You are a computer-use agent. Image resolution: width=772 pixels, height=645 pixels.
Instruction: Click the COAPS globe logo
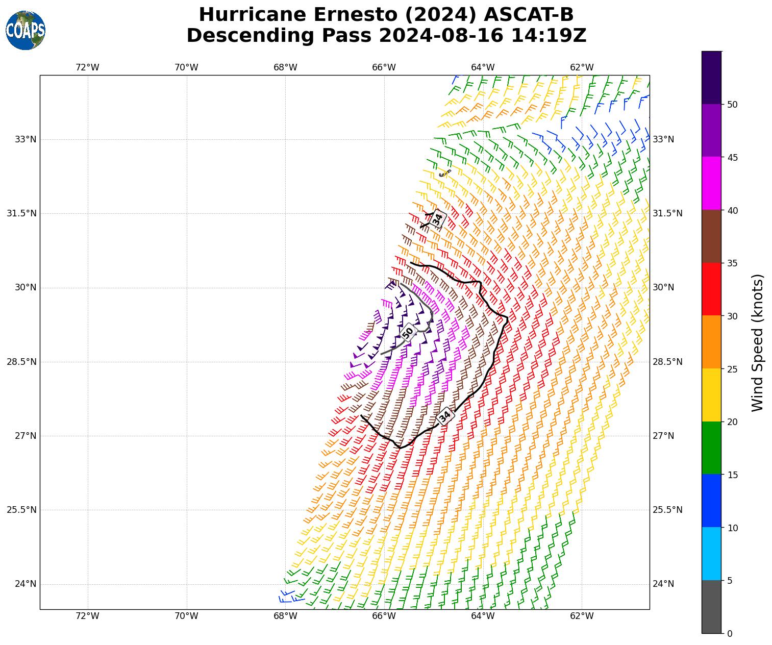point(25,30)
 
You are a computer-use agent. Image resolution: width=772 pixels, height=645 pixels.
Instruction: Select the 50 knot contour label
point(408,333)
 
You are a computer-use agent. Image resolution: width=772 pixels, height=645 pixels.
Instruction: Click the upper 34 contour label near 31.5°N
point(437,219)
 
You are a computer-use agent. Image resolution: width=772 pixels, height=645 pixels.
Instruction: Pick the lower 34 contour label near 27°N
point(445,416)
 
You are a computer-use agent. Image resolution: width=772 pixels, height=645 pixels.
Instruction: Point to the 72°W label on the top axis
point(87,67)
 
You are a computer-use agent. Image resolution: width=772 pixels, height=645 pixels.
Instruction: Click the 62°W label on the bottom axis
point(582,616)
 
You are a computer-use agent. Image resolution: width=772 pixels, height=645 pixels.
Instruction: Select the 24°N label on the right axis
point(663,584)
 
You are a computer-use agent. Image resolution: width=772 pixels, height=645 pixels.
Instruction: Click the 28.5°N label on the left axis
point(21,362)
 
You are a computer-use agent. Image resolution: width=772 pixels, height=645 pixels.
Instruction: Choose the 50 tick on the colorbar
point(732,105)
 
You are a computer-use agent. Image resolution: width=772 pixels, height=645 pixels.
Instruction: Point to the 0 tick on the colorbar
point(730,633)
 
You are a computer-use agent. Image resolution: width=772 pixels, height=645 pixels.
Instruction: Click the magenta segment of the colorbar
point(711,183)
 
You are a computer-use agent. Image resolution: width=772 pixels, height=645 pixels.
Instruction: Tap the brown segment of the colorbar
point(711,236)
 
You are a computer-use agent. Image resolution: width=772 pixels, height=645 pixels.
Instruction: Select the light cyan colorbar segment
point(711,554)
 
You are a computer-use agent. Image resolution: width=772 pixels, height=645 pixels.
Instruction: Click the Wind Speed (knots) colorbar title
point(758,342)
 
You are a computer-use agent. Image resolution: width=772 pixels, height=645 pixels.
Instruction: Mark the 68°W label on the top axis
point(285,67)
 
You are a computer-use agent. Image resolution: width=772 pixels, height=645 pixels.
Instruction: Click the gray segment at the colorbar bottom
point(711,607)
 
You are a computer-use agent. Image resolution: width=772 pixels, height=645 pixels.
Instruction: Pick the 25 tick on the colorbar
point(732,369)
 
